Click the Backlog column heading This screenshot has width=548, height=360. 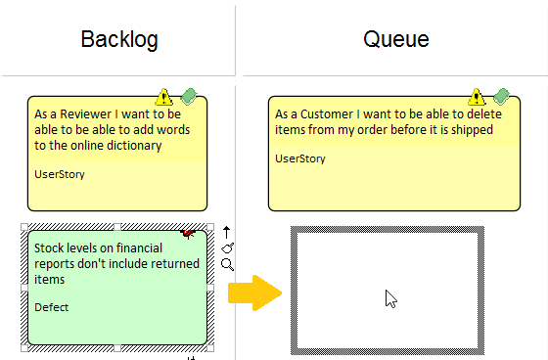coord(119,40)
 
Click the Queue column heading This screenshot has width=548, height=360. coord(395,40)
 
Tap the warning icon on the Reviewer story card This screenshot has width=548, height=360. coord(163,97)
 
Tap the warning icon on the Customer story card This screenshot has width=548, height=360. coord(478,97)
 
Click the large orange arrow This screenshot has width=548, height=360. coord(252,293)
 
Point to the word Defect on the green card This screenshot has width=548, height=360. coord(52,306)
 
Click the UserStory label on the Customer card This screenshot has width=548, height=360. coord(300,157)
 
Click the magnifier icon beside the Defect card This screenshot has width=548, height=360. coord(227,264)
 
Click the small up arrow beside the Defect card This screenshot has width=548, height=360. coord(227,232)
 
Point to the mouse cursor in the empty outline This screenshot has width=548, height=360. coord(389,298)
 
